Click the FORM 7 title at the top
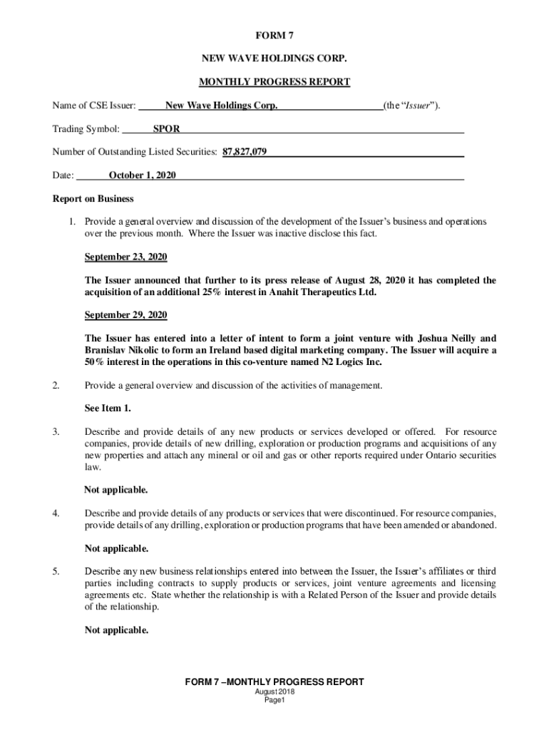pyautogui.click(x=274, y=35)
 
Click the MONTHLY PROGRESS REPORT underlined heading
pyautogui.click(x=274, y=82)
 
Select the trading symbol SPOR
pyautogui.click(x=166, y=129)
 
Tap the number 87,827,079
pyautogui.click(x=245, y=152)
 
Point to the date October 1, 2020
pyautogui.click(x=143, y=175)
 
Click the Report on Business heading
pyautogui.click(x=93, y=199)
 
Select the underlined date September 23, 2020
pyautogui.click(x=126, y=257)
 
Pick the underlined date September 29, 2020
pyautogui.click(x=126, y=315)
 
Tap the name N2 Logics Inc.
pyautogui.click(x=348, y=362)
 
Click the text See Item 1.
pyautogui.click(x=108, y=408)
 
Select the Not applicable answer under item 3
pyautogui.click(x=116, y=490)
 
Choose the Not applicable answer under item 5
pyautogui.click(x=116, y=630)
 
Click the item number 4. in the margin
pyautogui.click(x=56, y=513)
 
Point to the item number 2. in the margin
pyautogui.click(x=56, y=386)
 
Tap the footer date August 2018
pyautogui.click(x=274, y=692)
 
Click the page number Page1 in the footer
pyautogui.click(x=274, y=701)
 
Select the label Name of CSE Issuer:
pyautogui.click(x=94, y=106)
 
